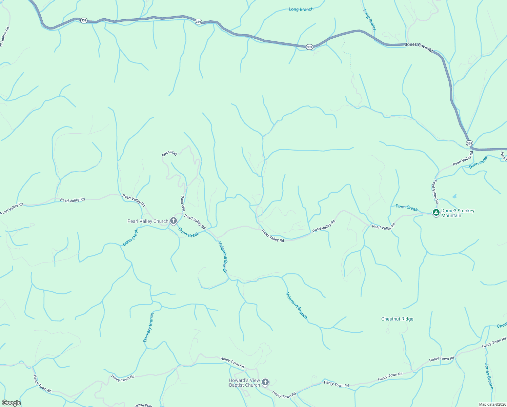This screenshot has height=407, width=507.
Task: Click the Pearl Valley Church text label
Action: [x=148, y=221]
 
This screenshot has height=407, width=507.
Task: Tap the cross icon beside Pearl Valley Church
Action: [x=174, y=221]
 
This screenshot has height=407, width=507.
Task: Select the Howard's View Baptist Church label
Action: [x=244, y=383]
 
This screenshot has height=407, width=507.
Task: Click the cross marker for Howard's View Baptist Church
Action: [x=266, y=382]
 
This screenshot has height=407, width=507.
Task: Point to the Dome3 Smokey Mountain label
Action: [x=458, y=213]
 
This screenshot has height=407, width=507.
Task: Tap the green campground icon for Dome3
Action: [x=436, y=213]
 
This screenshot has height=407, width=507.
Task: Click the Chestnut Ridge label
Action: [x=397, y=319]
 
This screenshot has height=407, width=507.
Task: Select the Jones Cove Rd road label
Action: [x=419, y=47]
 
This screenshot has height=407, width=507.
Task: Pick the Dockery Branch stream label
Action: [x=148, y=327]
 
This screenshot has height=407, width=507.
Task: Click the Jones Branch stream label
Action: [x=489, y=376]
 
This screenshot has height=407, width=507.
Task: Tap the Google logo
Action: [x=11, y=403]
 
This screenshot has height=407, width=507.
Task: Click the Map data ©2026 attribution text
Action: [x=492, y=404]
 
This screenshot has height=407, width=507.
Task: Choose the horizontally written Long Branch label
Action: [x=301, y=9]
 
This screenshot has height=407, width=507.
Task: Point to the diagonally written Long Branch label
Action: [x=370, y=20]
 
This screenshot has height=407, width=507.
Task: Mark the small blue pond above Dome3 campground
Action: [x=454, y=196]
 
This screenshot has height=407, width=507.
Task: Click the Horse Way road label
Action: [x=143, y=405]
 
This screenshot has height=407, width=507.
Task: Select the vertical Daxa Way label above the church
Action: [x=183, y=203]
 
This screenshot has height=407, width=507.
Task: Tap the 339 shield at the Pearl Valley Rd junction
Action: [x=469, y=143]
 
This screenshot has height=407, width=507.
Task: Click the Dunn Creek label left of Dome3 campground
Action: [x=406, y=208]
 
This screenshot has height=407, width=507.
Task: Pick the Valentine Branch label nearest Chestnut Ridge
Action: [x=297, y=305]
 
